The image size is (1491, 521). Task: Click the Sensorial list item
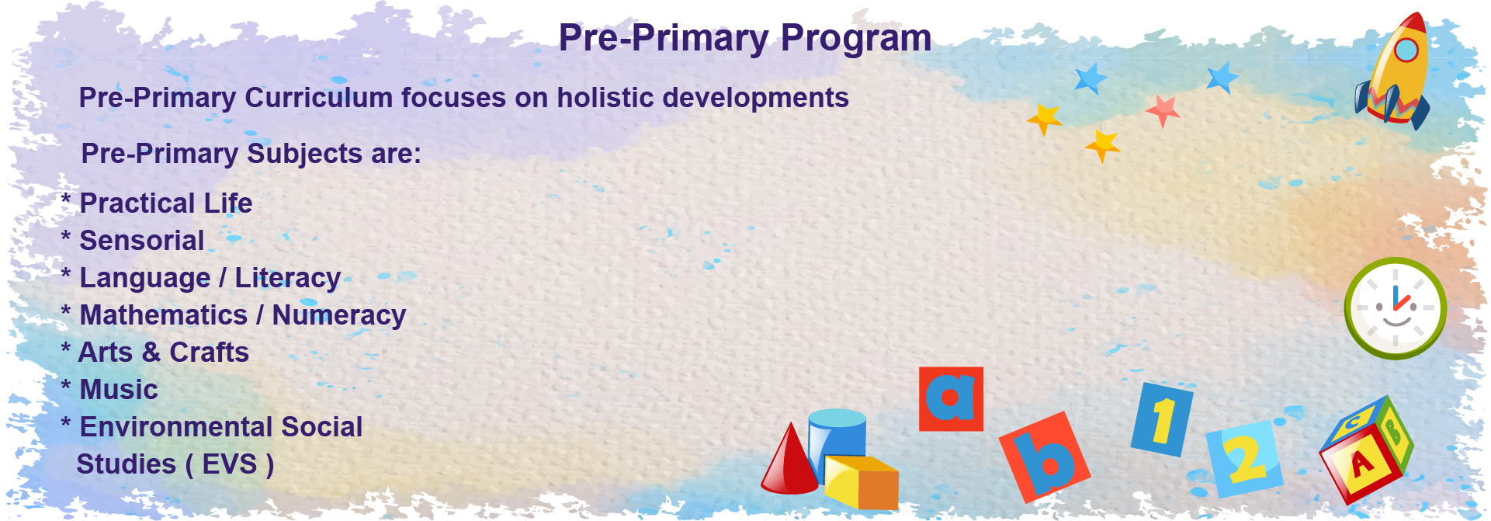(142, 241)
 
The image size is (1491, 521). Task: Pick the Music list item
(119, 390)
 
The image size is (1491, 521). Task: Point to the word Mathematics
(164, 315)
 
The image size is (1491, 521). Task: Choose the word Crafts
(210, 353)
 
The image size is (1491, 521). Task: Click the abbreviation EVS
(230, 464)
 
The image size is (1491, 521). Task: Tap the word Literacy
(288, 278)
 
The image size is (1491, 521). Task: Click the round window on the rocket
(1406, 50)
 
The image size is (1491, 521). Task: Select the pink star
(1163, 110)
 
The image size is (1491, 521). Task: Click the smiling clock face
(1396, 308)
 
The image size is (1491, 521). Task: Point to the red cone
(789, 459)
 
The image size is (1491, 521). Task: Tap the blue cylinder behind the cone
(837, 439)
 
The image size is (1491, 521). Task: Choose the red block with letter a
(951, 399)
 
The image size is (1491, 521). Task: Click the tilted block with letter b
(1045, 457)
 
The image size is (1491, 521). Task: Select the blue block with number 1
(1162, 419)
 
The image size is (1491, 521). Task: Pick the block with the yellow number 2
(1244, 459)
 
